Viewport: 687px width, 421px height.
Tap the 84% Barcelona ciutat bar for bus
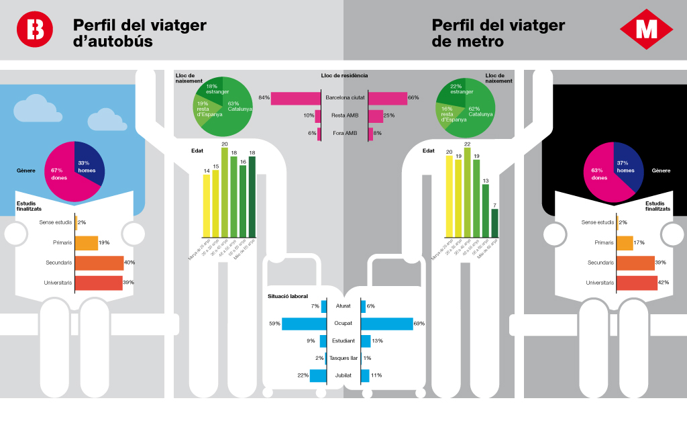coord(295,98)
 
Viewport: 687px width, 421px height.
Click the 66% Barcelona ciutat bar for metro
coord(387,98)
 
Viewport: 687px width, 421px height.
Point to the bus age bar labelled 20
coord(225,192)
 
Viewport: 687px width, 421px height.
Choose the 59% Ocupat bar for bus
coord(304,324)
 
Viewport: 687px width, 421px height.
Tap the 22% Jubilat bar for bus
coord(318,375)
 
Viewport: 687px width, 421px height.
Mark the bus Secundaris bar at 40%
coord(99,263)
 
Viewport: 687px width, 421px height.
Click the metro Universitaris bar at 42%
coord(637,283)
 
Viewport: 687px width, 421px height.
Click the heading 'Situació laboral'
coord(287,295)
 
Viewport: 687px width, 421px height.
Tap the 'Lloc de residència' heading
coord(344,76)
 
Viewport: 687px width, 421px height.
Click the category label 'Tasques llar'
coord(343,359)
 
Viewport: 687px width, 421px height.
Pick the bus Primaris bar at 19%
coord(86,242)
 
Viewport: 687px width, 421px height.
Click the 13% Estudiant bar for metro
coord(366,341)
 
